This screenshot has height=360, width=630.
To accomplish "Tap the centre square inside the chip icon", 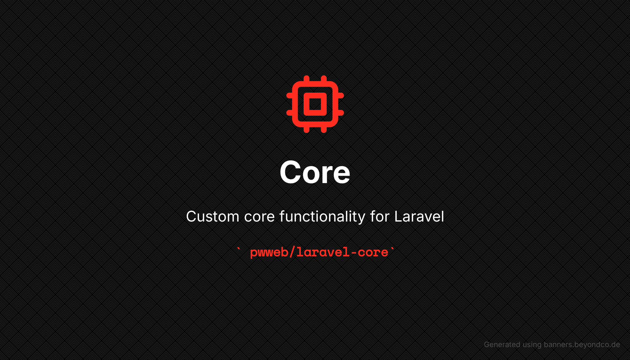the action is [x=315, y=104].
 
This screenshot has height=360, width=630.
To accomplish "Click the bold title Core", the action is [x=315, y=172].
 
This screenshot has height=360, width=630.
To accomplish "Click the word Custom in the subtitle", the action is [x=213, y=216].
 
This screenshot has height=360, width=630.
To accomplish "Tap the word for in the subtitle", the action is [x=380, y=216].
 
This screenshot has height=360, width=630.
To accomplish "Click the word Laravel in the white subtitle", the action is [x=419, y=216].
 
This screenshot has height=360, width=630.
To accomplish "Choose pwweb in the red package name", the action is [x=269, y=253].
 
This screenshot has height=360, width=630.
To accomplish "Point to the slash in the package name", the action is [x=292, y=252].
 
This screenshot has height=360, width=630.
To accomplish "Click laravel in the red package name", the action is [x=323, y=252].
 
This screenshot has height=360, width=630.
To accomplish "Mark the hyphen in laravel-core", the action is [x=353, y=253].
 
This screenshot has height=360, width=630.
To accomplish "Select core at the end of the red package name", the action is [x=373, y=253].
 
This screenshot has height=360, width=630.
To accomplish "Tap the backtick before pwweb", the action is [x=239, y=249].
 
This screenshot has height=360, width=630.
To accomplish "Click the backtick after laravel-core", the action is [x=392, y=249].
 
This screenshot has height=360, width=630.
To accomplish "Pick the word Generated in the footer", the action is [x=502, y=345].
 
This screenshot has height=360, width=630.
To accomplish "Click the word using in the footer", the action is [x=532, y=345].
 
